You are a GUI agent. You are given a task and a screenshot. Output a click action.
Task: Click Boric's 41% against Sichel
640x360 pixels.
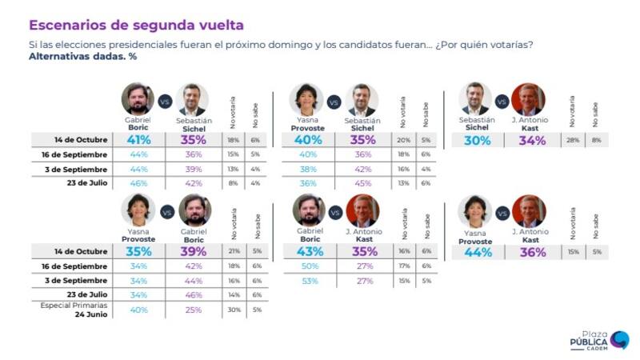pos(138,140)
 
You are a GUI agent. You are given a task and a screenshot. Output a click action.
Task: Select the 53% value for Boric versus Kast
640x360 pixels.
pos(310,281)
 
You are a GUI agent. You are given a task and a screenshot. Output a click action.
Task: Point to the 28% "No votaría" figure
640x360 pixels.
pos(572,141)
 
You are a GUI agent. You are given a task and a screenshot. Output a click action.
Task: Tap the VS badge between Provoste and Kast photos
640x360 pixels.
pos(502,213)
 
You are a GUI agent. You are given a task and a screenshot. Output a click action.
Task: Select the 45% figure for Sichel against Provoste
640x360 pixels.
pos(362,182)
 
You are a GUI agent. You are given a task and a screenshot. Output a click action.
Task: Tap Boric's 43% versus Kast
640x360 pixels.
pos(310,252)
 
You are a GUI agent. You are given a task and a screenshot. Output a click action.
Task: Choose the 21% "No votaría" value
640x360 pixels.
pos(234,252)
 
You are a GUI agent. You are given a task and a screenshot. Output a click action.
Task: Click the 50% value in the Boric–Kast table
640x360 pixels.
pos(310,266)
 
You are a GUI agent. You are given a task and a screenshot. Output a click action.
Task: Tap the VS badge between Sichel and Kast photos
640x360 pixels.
pos(502,102)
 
